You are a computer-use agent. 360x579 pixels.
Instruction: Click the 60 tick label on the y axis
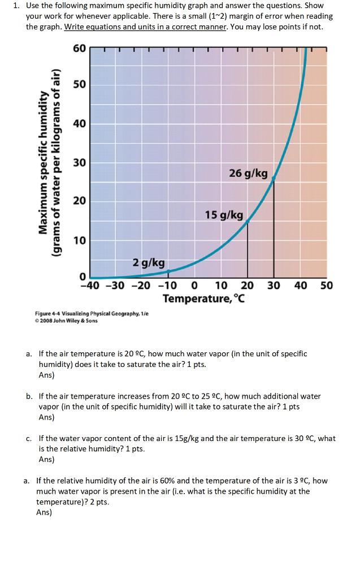point(79,48)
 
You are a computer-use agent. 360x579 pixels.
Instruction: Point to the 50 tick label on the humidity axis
point(79,84)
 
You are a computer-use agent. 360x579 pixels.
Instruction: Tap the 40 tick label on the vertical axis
point(79,124)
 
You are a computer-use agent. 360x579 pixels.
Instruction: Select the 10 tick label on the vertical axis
point(79,241)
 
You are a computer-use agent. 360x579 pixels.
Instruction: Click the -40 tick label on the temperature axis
point(90,286)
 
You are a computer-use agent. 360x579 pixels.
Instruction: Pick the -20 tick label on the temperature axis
point(141,286)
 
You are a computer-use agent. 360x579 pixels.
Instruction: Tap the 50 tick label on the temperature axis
point(326,286)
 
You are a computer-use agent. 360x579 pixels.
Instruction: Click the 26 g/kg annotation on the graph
point(248,173)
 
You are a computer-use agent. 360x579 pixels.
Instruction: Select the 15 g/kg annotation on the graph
point(224,215)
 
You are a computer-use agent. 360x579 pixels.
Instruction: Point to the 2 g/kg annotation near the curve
point(149,262)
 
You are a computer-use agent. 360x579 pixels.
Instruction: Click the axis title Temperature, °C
point(204,298)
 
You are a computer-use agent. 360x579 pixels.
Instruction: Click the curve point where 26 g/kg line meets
point(274,178)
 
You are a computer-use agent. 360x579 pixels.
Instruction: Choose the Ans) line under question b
point(46,417)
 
